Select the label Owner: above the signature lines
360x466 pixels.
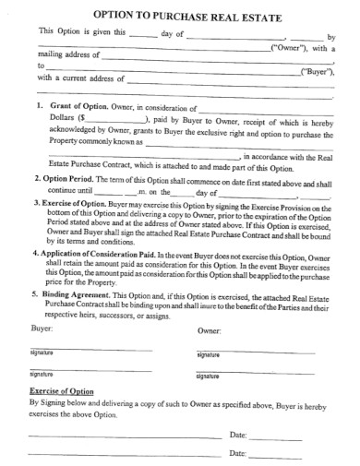click(211, 330)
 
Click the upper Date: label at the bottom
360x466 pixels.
click(237, 433)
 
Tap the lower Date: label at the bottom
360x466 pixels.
click(237, 453)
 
